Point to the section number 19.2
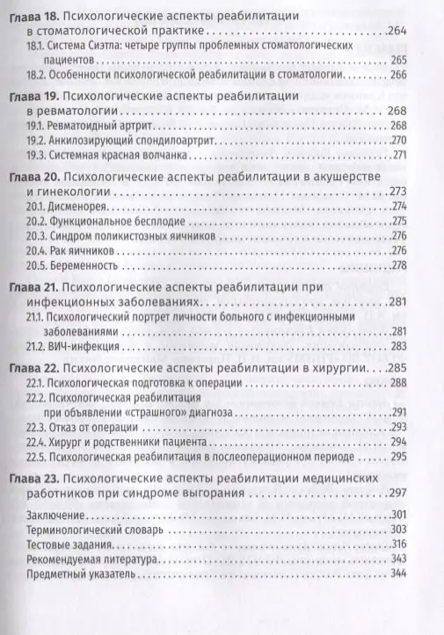click(36, 140)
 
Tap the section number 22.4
click(37, 442)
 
